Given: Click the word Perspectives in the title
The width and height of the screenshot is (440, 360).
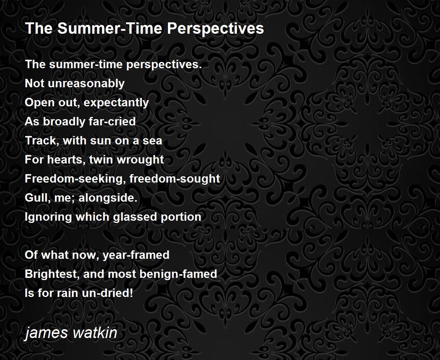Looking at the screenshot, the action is pyautogui.click(x=215, y=29).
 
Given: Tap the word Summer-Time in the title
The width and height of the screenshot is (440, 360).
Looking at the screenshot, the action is pyautogui.click(x=110, y=28).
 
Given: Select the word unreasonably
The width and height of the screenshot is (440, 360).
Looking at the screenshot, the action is pyautogui.click(x=86, y=84).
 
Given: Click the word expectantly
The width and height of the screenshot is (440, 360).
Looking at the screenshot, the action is pyautogui.click(x=116, y=103).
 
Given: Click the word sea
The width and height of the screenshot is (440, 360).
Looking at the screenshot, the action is pyautogui.click(x=152, y=141).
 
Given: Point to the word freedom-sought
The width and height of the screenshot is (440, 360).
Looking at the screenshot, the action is pyautogui.click(x=175, y=179).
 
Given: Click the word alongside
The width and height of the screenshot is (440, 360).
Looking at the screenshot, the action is pyautogui.click(x=108, y=198).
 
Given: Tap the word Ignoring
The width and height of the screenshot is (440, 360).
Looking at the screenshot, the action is pyautogui.click(x=48, y=217).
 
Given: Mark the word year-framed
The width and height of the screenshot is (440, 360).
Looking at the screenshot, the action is pyautogui.click(x=136, y=255).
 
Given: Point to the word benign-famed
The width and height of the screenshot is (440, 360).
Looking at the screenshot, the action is pyautogui.click(x=178, y=274).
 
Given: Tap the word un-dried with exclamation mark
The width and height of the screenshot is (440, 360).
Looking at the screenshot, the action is pyautogui.click(x=107, y=293).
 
